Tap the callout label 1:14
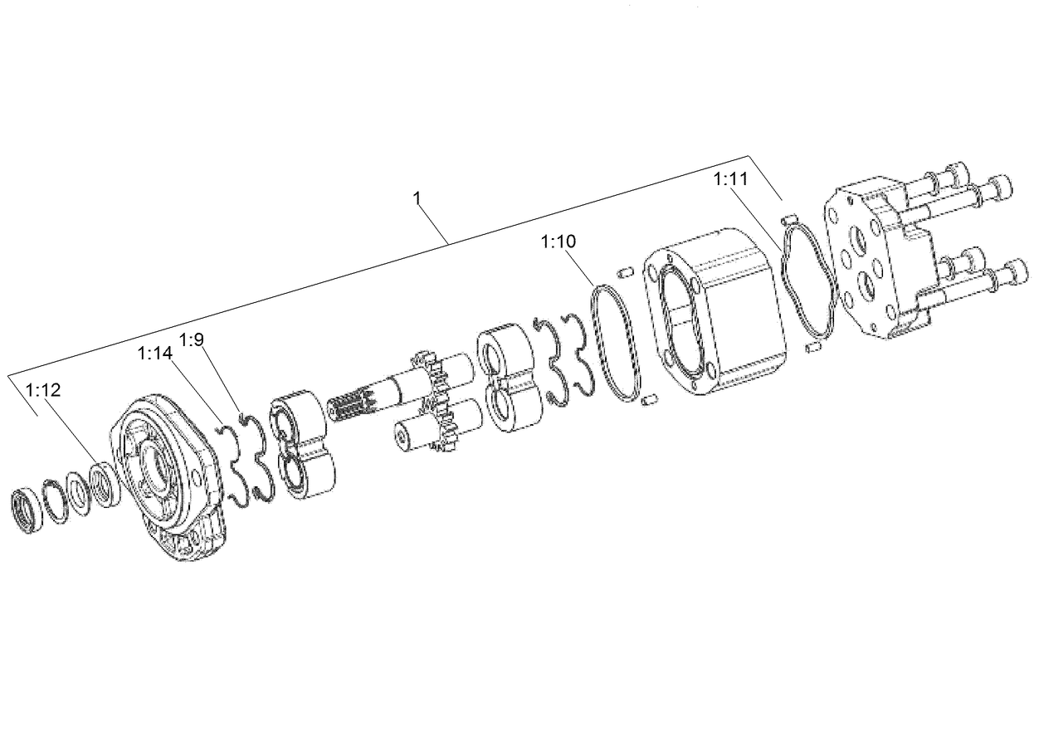tap(155, 354)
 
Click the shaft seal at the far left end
tap(28, 510)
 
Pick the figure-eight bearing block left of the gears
tap(304, 444)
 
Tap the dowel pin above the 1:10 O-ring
tap(627, 271)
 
